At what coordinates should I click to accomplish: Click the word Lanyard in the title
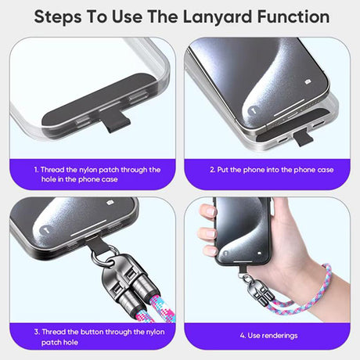point(218,17)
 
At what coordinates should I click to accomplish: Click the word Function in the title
point(293,17)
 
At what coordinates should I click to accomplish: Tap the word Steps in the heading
point(58,17)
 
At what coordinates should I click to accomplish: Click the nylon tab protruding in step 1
point(116,121)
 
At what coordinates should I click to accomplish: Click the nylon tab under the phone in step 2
point(303,139)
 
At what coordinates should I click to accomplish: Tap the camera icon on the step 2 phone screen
point(308,82)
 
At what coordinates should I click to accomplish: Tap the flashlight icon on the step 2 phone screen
point(252,110)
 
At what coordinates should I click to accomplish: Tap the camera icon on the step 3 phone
point(110,202)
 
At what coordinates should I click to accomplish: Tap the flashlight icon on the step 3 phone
point(45,230)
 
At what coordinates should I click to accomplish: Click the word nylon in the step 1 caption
point(88,170)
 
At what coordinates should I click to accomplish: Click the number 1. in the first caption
point(36,170)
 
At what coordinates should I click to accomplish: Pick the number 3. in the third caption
point(37,332)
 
